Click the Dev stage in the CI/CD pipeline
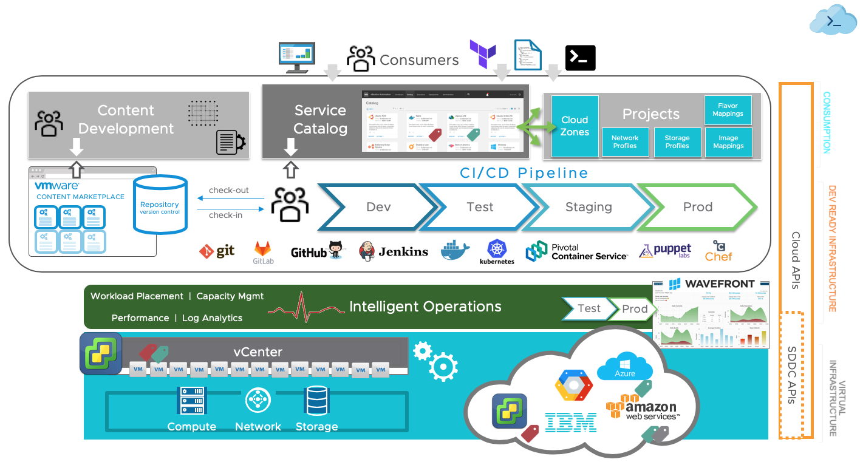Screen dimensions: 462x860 click(x=378, y=207)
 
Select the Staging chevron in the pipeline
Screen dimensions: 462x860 click(x=588, y=207)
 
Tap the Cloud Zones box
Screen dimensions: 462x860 click(x=575, y=126)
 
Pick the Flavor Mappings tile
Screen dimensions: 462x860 click(x=728, y=110)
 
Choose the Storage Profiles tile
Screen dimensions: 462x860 click(x=677, y=142)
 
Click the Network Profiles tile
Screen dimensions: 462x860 click(x=624, y=142)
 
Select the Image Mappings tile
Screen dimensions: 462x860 click(x=728, y=142)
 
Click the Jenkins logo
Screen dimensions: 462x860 click(x=394, y=251)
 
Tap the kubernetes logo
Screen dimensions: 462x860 click(x=497, y=252)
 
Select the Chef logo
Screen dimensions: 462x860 click(x=718, y=251)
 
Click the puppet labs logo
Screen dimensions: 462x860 click(x=665, y=251)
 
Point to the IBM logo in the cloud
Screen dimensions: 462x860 click(x=570, y=421)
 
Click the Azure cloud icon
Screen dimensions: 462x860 click(x=624, y=366)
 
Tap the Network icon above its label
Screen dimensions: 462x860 click(x=258, y=401)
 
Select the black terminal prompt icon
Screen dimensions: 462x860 click(x=580, y=58)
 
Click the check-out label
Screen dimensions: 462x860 click(x=229, y=190)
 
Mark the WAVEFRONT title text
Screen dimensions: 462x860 click(x=720, y=284)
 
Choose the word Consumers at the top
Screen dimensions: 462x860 click(x=419, y=59)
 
